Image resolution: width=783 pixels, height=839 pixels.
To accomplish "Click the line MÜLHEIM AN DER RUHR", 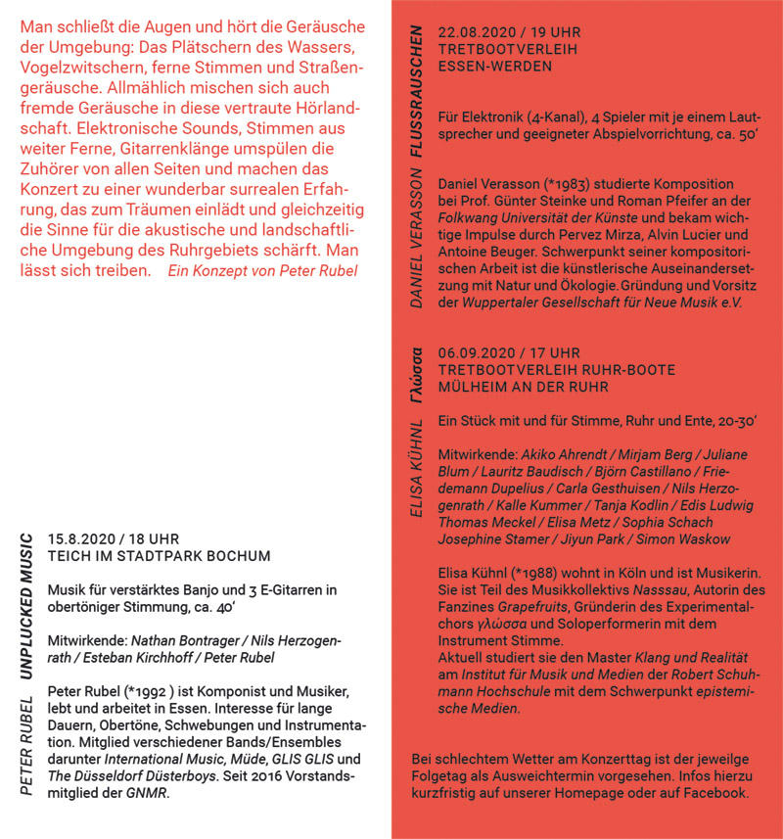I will tap(524, 387).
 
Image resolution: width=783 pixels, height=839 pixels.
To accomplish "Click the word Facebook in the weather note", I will tap(712, 793).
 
